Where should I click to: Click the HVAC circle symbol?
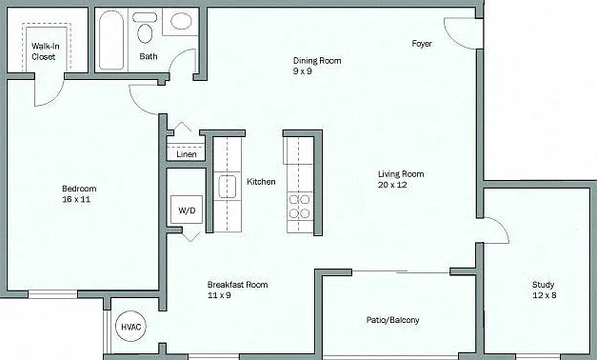pyautogui.click(x=131, y=327)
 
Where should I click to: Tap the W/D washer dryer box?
pyautogui.click(x=187, y=210)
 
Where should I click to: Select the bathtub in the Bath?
pyautogui.click(x=111, y=40)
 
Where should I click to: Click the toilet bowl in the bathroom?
pyautogui.click(x=145, y=33)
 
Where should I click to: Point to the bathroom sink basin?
pyautogui.click(x=181, y=21)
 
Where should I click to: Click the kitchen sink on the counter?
pyautogui.click(x=227, y=187)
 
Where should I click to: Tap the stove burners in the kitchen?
pyautogui.click(x=299, y=206)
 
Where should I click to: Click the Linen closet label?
pyautogui.click(x=187, y=154)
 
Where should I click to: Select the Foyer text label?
pyautogui.click(x=422, y=44)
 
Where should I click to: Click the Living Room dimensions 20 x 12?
pyautogui.click(x=392, y=185)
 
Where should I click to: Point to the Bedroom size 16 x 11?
pyautogui.click(x=76, y=199)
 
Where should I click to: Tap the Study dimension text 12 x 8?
pyautogui.click(x=545, y=295)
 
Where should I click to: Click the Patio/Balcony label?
pyautogui.click(x=393, y=320)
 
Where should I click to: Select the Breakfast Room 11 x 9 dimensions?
pyautogui.click(x=219, y=295)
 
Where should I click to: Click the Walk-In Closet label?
pyautogui.click(x=46, y=51)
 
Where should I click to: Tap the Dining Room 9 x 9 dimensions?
pyautogui.click(x=303, y=71)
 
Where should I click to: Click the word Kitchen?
pyautogui.click(x=261, y=182)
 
